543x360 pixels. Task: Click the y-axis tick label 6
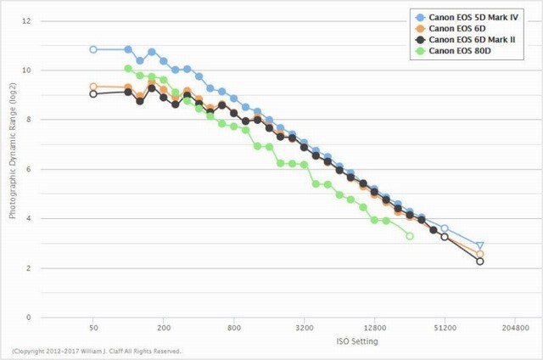coord(29,169)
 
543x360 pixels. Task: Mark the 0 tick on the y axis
coord(29,318)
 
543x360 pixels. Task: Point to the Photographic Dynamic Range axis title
coord(13,169)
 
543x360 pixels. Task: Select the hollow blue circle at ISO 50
coord(93,49)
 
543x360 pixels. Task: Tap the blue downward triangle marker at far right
coord(480,246)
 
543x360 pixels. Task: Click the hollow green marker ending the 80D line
coord(410,236)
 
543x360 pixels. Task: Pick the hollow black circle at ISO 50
coord(93,94)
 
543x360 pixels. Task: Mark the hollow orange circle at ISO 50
coord(93,87)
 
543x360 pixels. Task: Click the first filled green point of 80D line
coord(128,69)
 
